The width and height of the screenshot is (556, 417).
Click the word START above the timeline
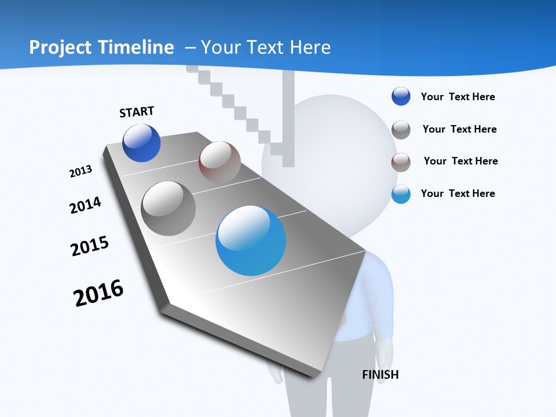pos(137,112)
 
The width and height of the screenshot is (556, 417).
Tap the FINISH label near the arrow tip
pos(381,375)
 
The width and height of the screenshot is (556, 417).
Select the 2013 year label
pos(81,171)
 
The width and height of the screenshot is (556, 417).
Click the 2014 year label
pos(85,205)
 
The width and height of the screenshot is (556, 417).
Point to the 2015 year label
pos(90,246)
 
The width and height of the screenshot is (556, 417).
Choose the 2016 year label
pos(98,293)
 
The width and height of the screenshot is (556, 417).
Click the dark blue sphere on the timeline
pos(141,142)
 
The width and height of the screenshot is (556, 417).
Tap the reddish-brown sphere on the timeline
pos(220,162)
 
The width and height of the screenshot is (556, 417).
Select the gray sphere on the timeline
pos(169,209)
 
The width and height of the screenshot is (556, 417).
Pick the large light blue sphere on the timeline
pos(251,240)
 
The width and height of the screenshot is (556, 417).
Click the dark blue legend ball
pos(401,97)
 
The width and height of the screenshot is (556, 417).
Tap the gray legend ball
pos(401,129)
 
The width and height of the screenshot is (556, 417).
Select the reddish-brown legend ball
pos(401,162)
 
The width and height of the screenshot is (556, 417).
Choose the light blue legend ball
pos(401,194)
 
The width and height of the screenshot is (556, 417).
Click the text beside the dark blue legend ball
pos(458,97)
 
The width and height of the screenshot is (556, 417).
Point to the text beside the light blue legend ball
pos(458,193)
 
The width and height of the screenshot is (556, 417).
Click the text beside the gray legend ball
pos(459,129)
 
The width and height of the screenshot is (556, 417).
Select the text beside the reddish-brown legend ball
pos(460,161)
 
